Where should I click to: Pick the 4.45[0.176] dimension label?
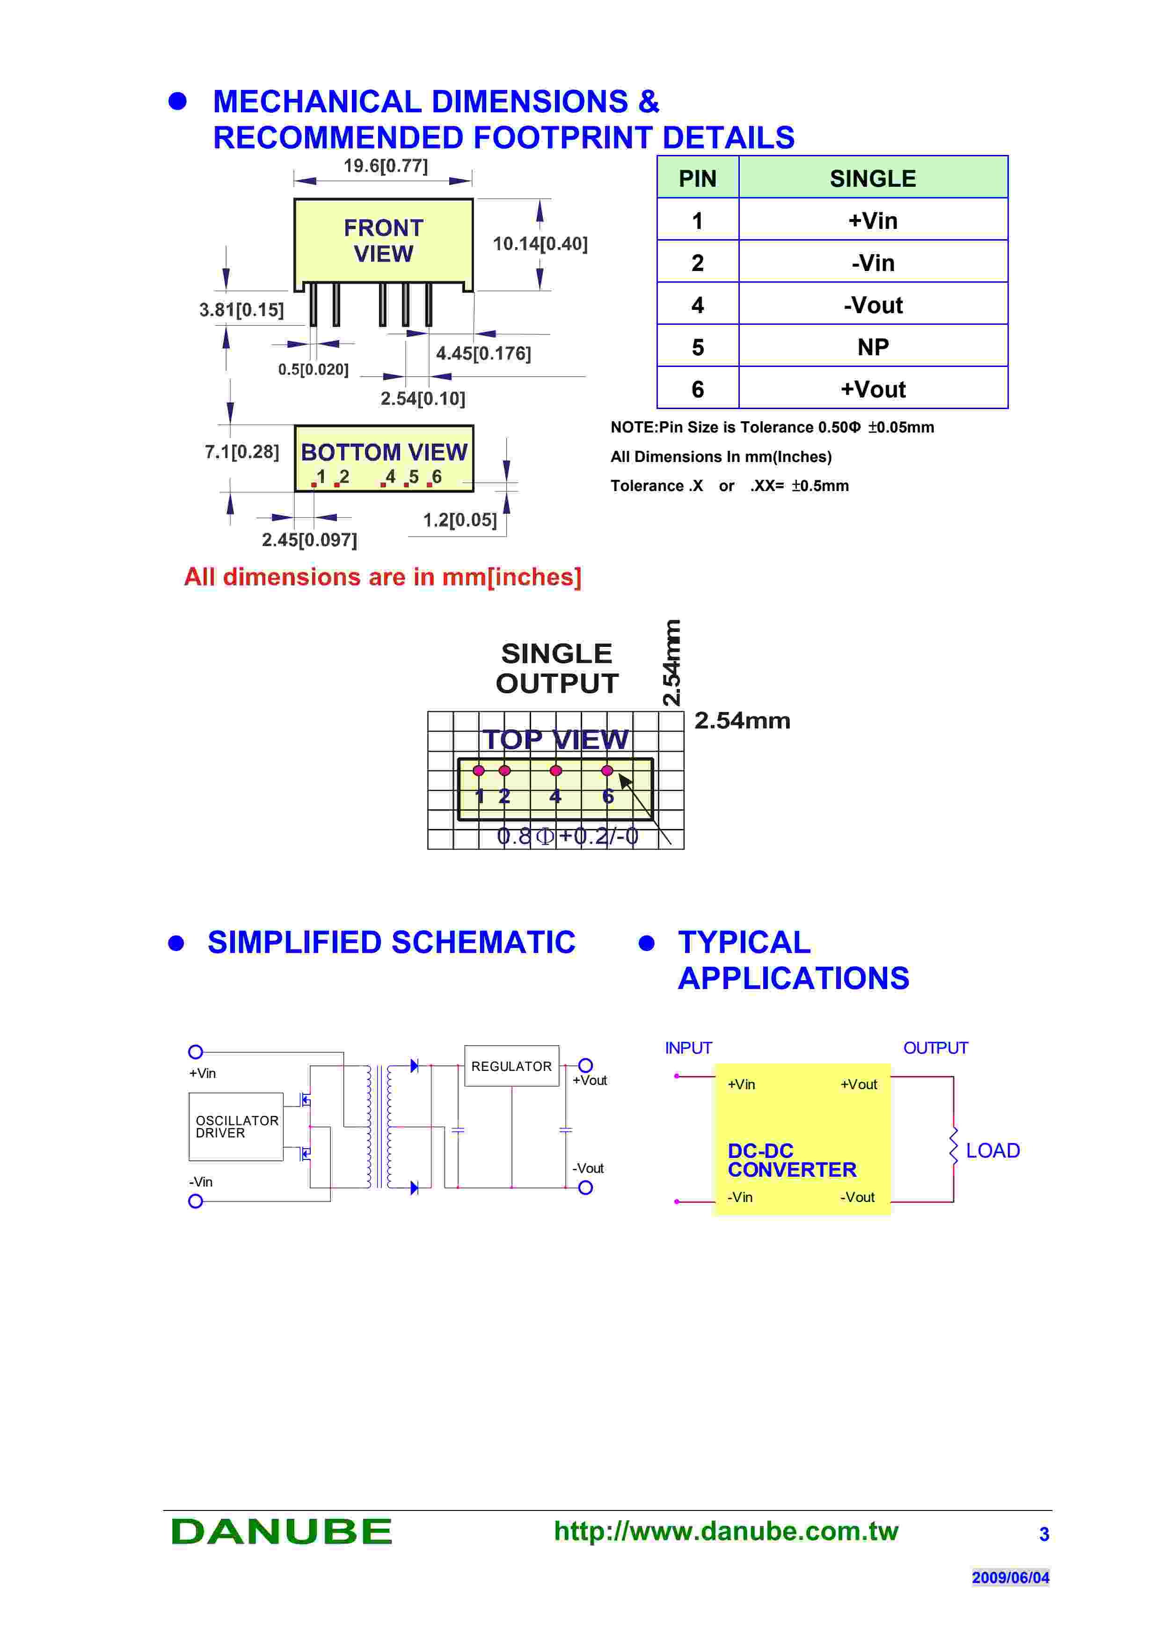point(483,353)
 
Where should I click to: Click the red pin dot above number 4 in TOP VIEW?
point(555,770)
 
